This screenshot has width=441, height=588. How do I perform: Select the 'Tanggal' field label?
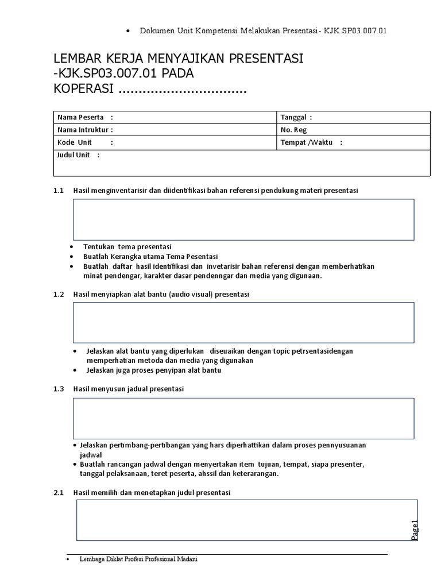296,117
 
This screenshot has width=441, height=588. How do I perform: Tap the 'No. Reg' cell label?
293,130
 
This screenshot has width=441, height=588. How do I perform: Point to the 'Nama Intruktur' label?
84,130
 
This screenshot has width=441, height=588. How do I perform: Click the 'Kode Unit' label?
75,142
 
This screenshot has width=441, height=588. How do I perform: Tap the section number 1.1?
57,190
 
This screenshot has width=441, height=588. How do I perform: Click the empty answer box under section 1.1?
243,219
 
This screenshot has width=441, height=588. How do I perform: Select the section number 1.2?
57,294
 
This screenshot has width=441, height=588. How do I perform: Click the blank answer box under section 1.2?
243,322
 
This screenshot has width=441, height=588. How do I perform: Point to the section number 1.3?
57,389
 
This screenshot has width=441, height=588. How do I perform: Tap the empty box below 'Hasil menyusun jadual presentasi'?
243,418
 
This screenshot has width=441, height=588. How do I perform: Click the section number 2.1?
57,493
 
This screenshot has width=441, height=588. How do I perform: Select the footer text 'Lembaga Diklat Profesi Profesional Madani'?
138,560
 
